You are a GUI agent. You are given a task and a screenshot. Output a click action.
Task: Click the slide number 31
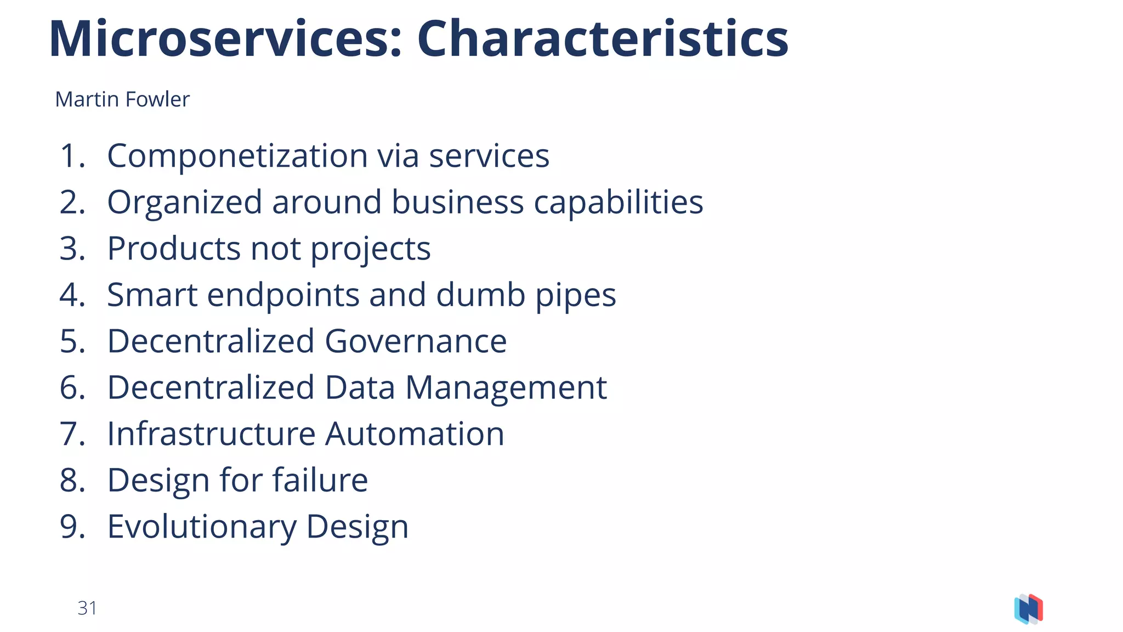[x=87, y=608]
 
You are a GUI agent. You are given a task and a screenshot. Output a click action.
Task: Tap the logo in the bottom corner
[x=1028, y=609]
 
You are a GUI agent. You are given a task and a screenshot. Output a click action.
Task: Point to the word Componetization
[x=237, y=156]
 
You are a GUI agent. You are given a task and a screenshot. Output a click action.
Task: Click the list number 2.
[x=72, y=202]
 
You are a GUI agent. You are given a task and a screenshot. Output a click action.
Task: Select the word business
[x=457, y=202]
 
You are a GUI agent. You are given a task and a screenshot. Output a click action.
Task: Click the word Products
[x=173, y=249]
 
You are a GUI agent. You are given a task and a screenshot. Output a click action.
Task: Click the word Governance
[x=415, y=342]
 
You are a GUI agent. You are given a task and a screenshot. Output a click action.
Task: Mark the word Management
[x=506, y=388]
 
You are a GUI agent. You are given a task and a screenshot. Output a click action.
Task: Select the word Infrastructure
[x=211, y=434]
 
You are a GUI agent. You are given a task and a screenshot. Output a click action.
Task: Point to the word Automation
[x=414, y=434]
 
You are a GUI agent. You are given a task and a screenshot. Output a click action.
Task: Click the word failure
[x=320, y=480]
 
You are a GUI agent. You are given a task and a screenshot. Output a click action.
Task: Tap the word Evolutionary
[x=201, y=527]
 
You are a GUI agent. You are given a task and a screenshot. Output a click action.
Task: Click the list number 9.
[x=72, y=527]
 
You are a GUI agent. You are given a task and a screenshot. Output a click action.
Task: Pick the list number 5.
[x=72, y=342]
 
